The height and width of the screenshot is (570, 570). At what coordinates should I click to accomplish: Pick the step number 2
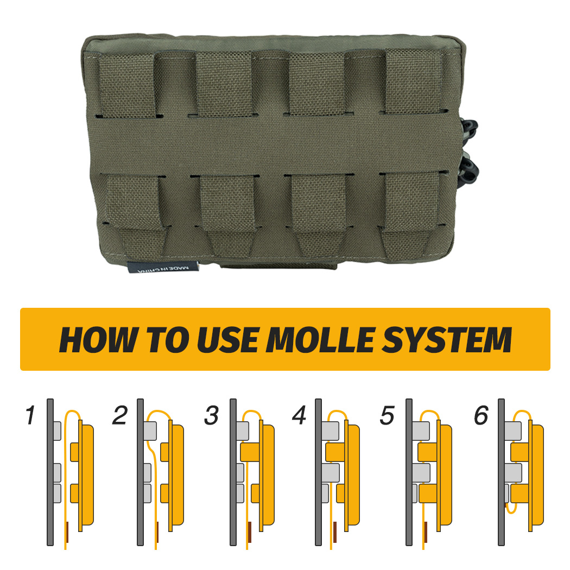coord(120,416)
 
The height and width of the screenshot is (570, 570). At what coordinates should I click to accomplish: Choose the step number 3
coord(211,416)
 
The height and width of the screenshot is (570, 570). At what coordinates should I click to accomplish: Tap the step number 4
coord(300,416)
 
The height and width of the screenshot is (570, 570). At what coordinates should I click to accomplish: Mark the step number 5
coord(387,416)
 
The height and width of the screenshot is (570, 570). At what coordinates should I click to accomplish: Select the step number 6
coord(480,416)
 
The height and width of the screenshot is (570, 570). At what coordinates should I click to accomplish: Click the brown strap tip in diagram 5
coord(426,533)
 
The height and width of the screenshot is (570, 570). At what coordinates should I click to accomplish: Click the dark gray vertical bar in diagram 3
coord(233,472)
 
